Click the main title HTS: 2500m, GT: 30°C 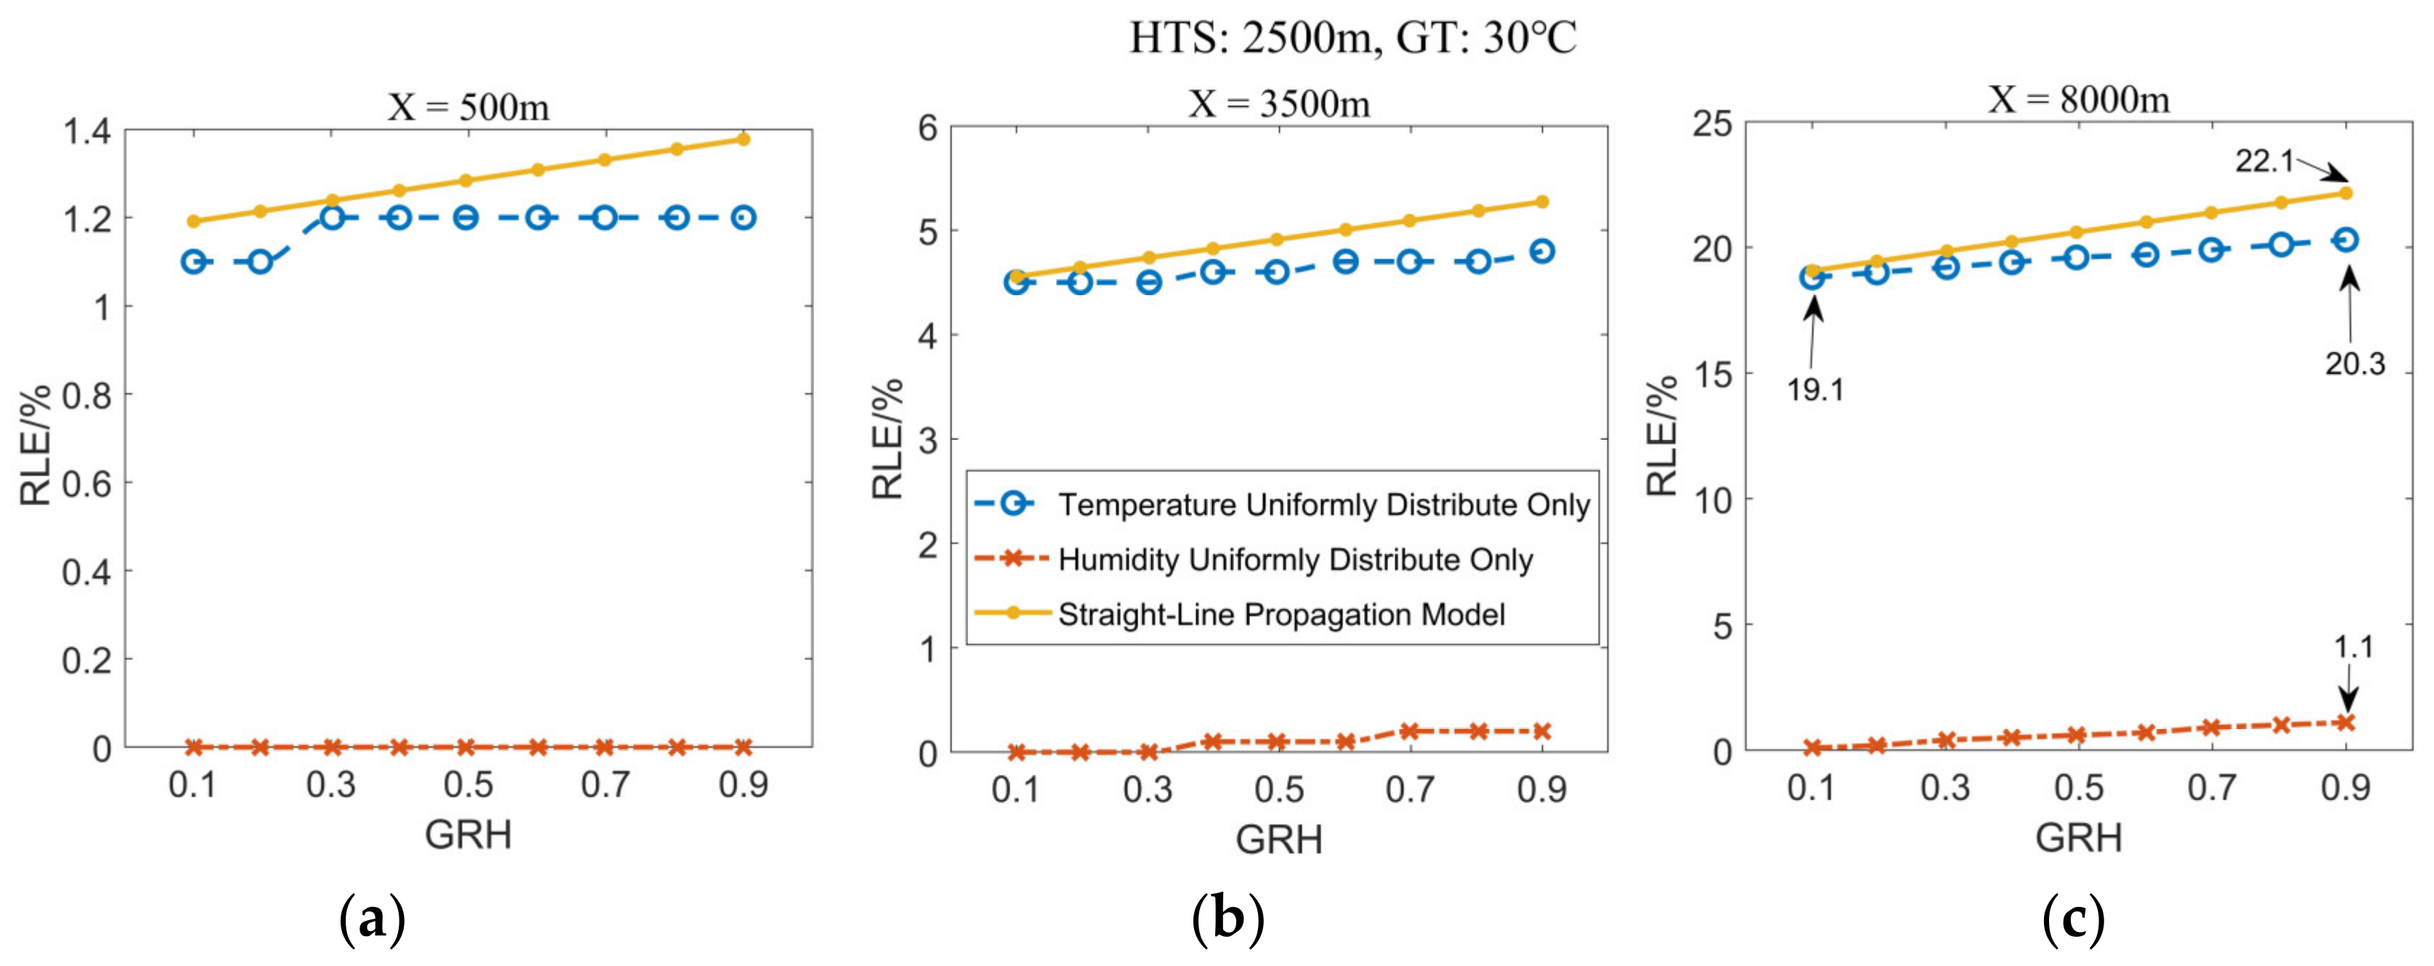pyautogui.click(x=1353, y=39)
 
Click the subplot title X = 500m pyautogui.click(x=468, y=107)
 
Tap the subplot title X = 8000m pyautogui.click(x=2078, y=98)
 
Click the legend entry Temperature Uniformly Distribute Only pyautogui.click(x=1323, y=504)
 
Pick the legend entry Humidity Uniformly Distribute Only pyautogui.click(x=1294, y=560)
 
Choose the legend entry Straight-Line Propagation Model pyautogui.click(x=1281, y=614)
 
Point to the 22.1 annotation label pyautogui.click(x=2264, y=161)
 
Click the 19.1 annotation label pyautogui.click(x=1814, y=388)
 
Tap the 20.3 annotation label pyautogui.click(x=2355, y=363)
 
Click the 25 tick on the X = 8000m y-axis pyautogui.click(x=1711, y=124)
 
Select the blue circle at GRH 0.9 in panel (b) pyautogui.click(x=1542, y=251)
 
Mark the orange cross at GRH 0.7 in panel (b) pyautogui.click(x=1410, y=730)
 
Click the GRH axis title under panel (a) pyautogui.click(x=468, y=834)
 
